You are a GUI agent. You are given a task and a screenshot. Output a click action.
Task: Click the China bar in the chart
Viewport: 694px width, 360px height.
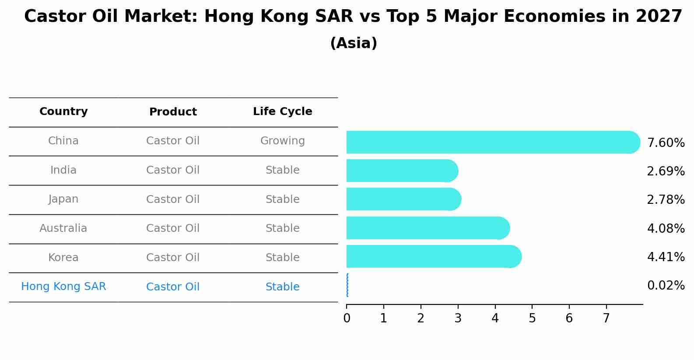click(x=493, y=142)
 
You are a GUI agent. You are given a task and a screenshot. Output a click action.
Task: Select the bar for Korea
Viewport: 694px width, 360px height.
click(x=434, y=256)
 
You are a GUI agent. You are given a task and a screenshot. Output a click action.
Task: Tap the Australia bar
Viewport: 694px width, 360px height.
click(x=428, y=228)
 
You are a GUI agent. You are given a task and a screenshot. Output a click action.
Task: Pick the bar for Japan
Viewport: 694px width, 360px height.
click(x=404, y=199)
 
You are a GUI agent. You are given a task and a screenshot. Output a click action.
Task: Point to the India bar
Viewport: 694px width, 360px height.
click(x=403, y=171)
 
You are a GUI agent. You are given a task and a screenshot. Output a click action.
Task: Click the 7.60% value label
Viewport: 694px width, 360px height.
click(x=666, y=143)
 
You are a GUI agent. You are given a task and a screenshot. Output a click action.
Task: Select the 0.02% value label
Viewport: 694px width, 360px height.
click(x=666, y=285)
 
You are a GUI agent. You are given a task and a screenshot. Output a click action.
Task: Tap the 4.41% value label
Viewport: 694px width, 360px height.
click(x=666, y=257)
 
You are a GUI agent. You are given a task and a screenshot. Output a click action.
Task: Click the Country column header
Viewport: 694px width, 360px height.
click(x=63, y=111)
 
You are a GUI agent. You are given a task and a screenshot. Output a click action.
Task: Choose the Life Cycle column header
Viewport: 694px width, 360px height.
click(x=283, y=111)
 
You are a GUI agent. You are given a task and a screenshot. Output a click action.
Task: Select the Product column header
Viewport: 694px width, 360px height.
click(x=173, y=112)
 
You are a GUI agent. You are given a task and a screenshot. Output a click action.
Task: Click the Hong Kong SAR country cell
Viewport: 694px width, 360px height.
click(x=63, y=286)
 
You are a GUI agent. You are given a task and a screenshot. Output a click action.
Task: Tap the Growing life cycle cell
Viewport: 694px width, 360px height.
click(x=283, y=141)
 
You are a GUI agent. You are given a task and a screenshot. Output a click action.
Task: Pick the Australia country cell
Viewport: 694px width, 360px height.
click(x=63, y=228)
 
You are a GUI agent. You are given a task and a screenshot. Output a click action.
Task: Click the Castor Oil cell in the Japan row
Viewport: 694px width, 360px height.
click(x=173, y=199)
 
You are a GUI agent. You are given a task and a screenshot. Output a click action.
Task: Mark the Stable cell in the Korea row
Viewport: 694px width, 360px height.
click(x=283, y=258)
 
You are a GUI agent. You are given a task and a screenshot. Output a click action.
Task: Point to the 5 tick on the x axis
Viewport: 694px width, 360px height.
click(x=532, y=307)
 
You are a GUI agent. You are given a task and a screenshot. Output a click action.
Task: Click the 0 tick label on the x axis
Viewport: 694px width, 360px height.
click(x=347, y=318)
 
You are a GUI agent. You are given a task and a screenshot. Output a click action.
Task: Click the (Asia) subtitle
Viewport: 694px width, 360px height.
click(x=354, y=43)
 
